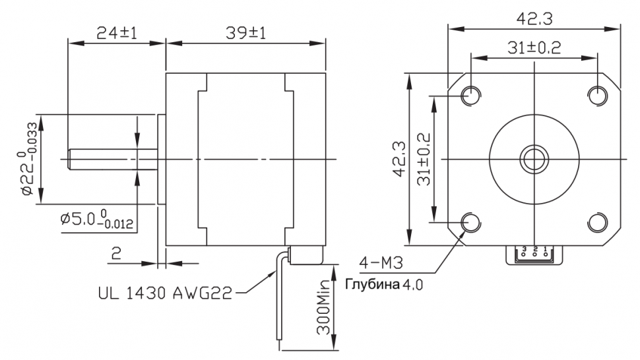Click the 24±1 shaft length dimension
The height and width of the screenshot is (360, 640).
coord(117,32)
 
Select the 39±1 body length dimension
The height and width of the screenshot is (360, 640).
coord(245,32)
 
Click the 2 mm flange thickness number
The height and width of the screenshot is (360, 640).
coord(116,254)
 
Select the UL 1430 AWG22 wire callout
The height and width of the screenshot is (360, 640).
coord(166,292)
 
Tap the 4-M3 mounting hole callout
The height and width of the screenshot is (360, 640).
coord(381,263)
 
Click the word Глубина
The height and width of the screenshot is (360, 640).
coord(372,284)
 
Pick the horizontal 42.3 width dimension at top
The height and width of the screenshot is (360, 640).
coord(534,18)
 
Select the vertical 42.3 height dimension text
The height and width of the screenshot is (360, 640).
coord(399,159)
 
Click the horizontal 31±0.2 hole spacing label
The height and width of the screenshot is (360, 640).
coord(534,47)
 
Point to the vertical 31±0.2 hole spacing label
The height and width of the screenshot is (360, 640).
coord(424,159)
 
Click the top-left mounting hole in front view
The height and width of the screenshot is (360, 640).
coord(471,96)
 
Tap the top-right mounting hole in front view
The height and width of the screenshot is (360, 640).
coord(598,96)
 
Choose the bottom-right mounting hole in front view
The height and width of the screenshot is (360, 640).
coord(598,223)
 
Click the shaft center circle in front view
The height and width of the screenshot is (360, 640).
coord(534,159)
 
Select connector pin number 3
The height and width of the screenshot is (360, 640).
coord(524,249)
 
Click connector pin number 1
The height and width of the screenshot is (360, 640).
coord(545,249)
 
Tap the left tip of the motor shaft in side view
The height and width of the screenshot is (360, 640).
coord(68,159)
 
